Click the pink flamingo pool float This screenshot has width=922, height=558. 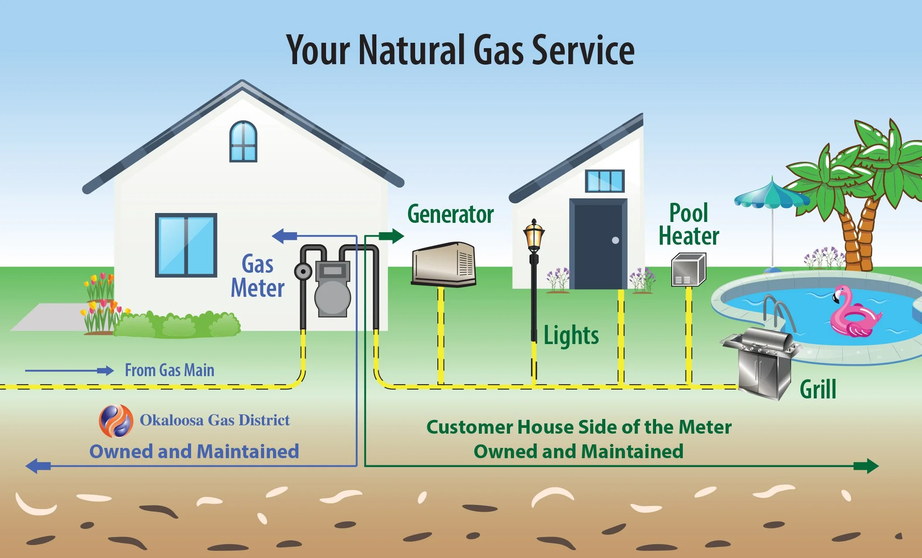click(x=853, y=314)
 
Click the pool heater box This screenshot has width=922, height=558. click(x=688, y=270)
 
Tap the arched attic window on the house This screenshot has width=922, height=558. click(x=243, y=141)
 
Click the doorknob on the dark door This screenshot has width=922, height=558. click(x=616, y=240)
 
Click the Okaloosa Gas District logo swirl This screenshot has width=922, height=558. click(x=116, y=421)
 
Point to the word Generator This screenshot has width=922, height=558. click(x=450, y=214)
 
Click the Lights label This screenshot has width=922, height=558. click(x=571, y=336)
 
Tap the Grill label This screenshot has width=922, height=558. click(x=818, y=390)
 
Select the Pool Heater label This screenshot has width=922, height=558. click(x=689, y=225)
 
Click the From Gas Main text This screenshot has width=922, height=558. click(x=169, y=370)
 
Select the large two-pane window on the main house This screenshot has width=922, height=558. click(x=186, y=245)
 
